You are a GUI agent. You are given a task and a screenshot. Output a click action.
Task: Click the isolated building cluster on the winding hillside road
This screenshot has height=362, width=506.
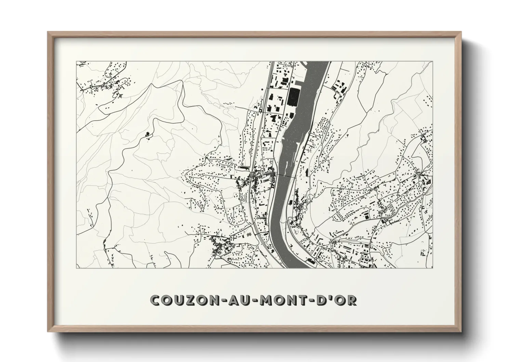(148, 135)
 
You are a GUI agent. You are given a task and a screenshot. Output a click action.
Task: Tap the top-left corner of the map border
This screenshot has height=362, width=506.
(76, 62)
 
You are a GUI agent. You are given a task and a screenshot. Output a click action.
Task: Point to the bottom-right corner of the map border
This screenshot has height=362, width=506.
(433, 268)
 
